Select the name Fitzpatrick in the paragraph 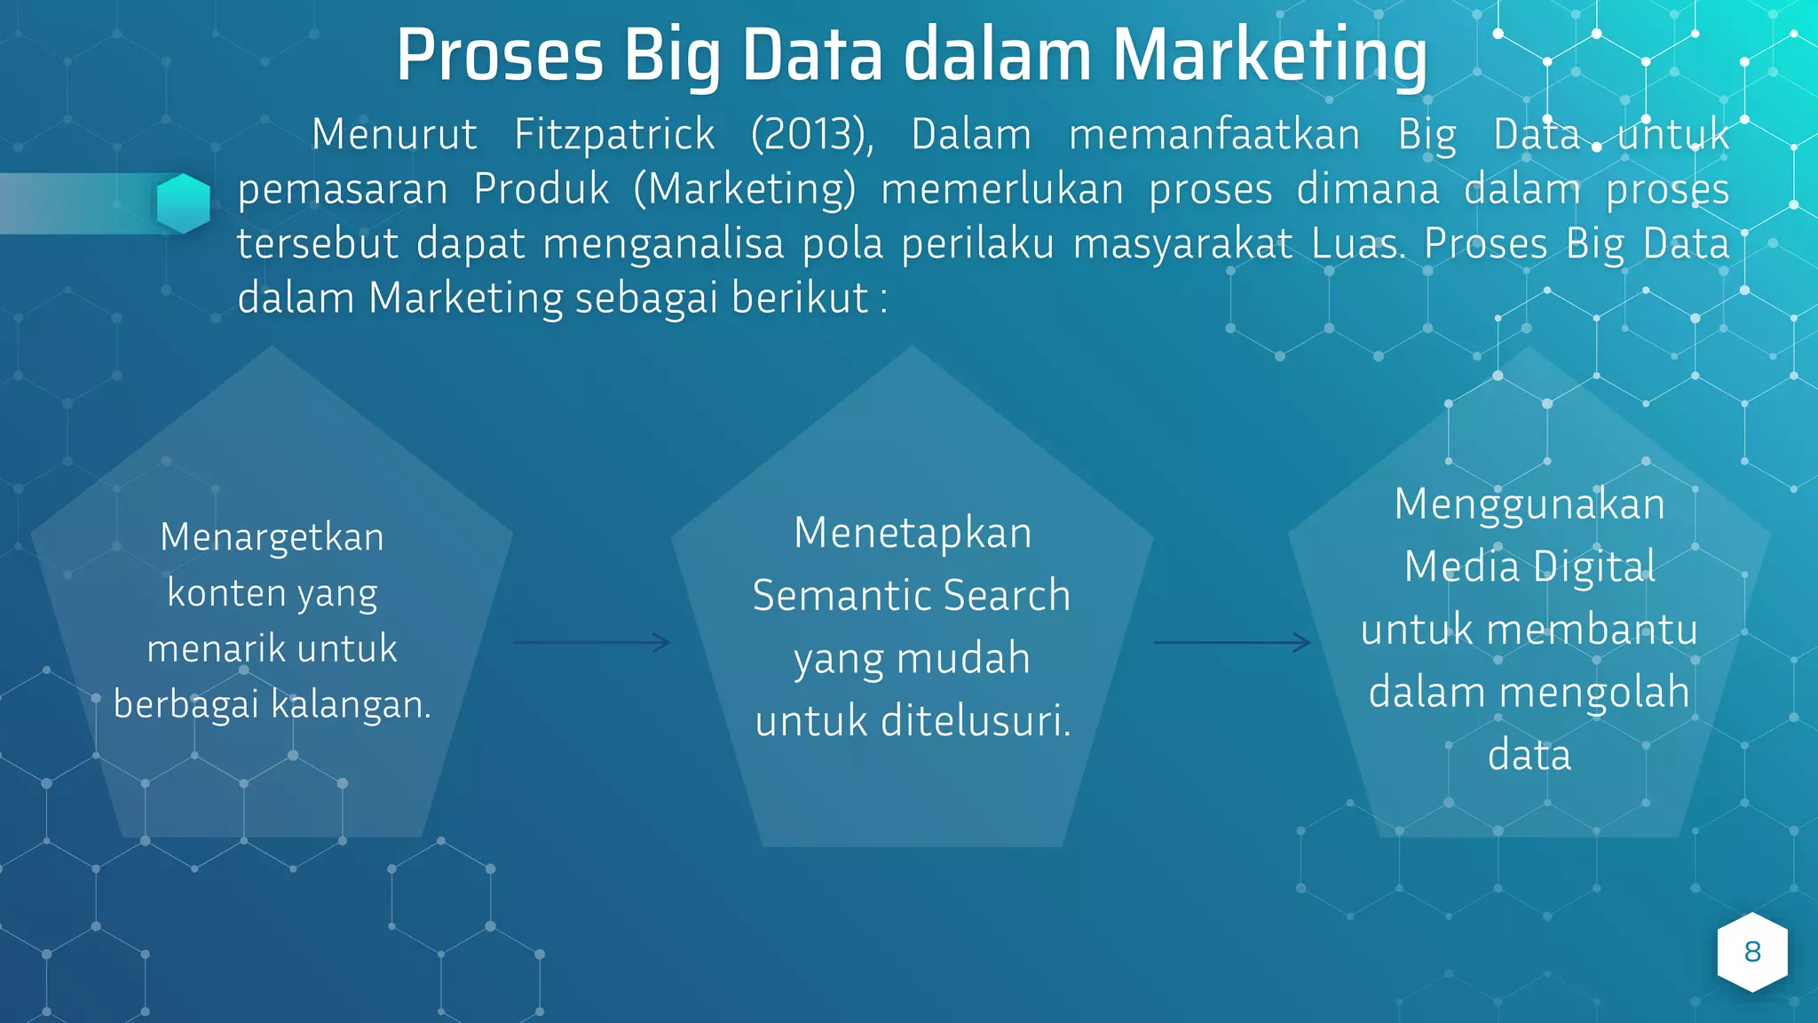click(x=614, y=135)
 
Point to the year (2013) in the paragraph click(x=811, y=135)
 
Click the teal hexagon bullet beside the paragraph click(x=184, y=203)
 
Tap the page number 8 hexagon click(x=1751, y=952)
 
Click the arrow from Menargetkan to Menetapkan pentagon click(x=591, y=642)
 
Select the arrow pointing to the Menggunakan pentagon click(x=1232, y=642)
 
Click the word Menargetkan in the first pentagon click(x=272, y=537)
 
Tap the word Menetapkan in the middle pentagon click(x=913, y=533)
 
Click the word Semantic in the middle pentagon click(x=829, y=595)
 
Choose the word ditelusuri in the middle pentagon click(x=976, y=720)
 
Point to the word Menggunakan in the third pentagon click(x=1529, y=504)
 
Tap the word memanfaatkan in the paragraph click(x=1213, y=135)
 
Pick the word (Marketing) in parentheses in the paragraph click(x=745, y=189)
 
